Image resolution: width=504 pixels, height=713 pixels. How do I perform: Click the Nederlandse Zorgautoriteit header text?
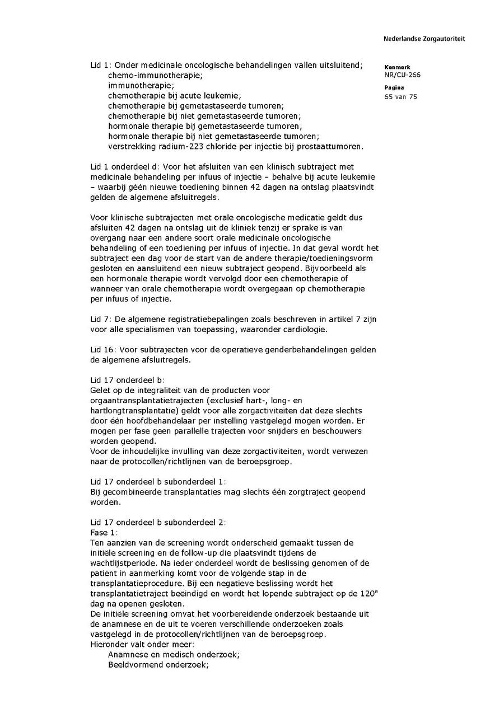pyautogui.click(x=424, y=39)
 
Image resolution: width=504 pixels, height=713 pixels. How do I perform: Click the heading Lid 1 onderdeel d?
pyautogui.click(x=125, y=167)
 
